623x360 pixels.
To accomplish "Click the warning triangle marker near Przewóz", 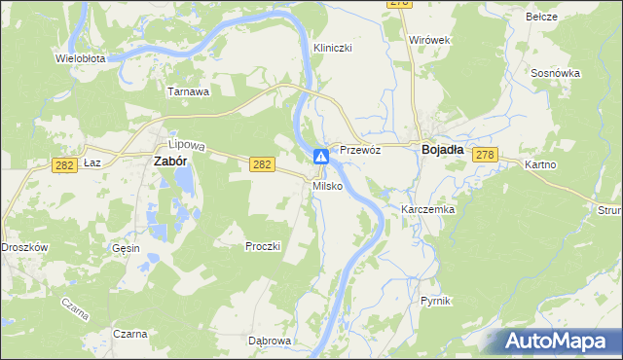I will tap(321, 157).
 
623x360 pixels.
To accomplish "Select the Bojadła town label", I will tap(448, 150).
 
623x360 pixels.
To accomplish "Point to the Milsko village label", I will tap(327, 186).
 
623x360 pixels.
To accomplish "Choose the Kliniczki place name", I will tap(332, 48).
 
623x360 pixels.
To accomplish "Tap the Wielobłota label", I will tap(80, 58).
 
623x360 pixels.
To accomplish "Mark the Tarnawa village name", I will tap(189, 92).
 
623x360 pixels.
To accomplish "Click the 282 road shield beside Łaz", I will tap(66, 165).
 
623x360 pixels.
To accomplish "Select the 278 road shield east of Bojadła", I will tap(487, 155).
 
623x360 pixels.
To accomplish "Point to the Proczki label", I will tap(263, 246).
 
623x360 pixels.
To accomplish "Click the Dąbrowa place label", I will tap(270, 341).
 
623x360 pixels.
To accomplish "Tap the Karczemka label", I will tap(428, 209).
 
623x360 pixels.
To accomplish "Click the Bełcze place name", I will tap(568, 17).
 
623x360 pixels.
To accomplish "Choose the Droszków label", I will tap(24, 247).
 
